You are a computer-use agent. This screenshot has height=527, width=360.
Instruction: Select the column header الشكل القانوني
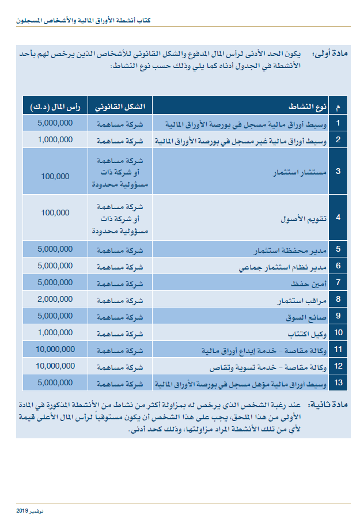click(120, 107)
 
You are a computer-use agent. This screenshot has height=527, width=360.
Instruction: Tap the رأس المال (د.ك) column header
click(55, 107)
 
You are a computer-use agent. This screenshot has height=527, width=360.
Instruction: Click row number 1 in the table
click(338, 123)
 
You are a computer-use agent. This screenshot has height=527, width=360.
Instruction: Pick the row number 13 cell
click(338, 383)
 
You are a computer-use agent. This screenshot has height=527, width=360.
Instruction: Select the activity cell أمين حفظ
click(313, 283)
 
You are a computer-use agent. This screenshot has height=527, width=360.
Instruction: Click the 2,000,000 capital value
click(55, 299)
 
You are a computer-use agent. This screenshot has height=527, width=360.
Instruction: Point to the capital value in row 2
click(55, 139)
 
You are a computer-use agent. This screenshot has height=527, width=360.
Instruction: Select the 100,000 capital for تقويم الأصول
click(55, 213)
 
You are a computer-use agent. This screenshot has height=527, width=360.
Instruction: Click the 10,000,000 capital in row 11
click(55, 349)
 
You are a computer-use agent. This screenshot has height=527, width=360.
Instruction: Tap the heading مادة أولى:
click(329, 55)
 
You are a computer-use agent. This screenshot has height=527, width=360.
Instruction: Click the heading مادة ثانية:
click(329, 405)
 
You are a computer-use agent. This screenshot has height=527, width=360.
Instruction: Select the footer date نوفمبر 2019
click(30, 511)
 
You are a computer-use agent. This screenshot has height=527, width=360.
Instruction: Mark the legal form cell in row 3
click(120, 172)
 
